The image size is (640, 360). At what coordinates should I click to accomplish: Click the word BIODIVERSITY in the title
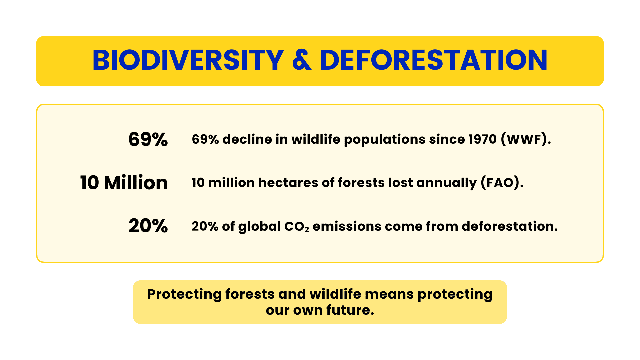pyautogui.click(x=188, y=61)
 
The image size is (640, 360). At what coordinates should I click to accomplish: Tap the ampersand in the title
pyautogui.click(x=302, y=61)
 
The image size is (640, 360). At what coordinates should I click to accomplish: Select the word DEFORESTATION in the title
pyautogui.click(x=433, y=61)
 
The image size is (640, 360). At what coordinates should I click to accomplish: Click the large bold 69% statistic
pyautogui.click(x=148, y=139)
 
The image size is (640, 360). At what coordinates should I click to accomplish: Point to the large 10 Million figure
pyautogui.click(x=124, y=183)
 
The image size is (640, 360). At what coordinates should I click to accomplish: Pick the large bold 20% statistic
pyautogui.click(x=148, y=226)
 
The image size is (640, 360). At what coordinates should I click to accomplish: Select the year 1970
pyautogui.click(x=482, y=139)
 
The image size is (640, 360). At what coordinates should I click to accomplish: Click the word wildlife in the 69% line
pyautogui.click(x=316, y=139)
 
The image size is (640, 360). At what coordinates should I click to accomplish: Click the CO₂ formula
pyautogui.click(x=296, y=227)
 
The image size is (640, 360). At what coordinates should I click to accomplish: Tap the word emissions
pyautogui.click(x=347, y=226)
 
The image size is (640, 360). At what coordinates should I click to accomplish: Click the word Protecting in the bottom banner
pyautogui.click(x=184, y=295)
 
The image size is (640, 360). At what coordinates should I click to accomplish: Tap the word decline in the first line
pyautogui.click(x=247, y=139)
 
